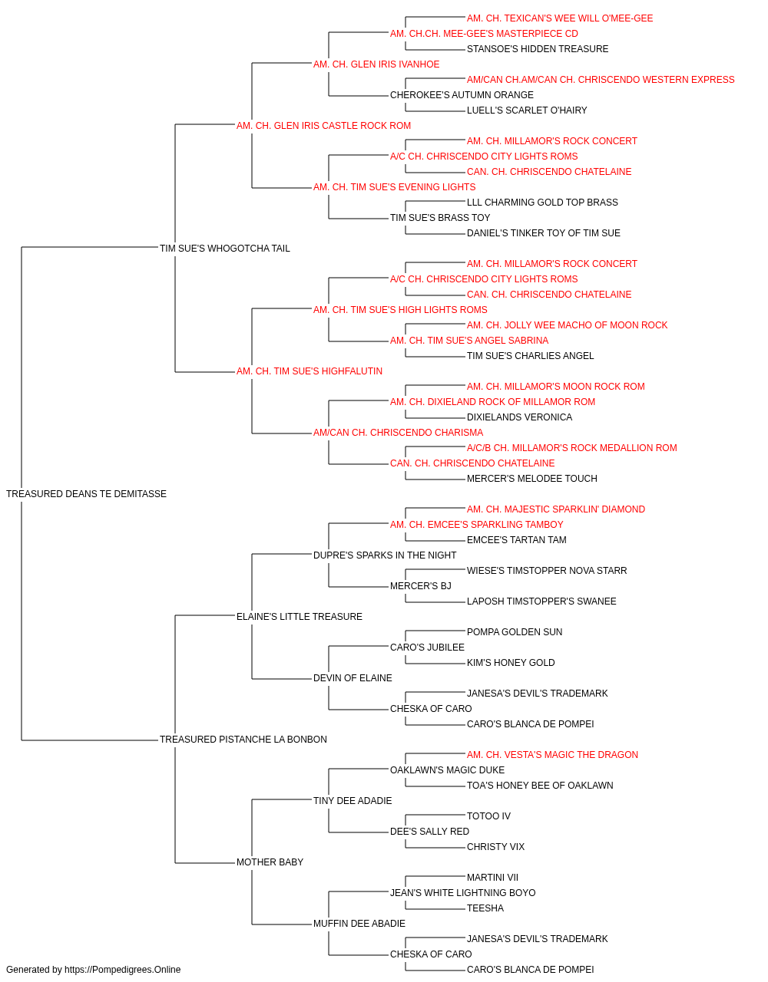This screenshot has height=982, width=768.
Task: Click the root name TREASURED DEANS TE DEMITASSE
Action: (86, 494)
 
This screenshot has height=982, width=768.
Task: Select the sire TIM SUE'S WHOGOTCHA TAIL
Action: (225, 248)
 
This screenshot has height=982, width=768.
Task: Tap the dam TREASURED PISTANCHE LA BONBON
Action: (243, 740)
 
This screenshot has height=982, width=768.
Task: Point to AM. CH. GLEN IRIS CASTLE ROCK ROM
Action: (324, 126)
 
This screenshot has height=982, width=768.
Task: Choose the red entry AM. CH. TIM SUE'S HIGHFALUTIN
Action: (310, 371)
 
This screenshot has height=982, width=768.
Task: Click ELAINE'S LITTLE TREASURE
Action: (300, 616)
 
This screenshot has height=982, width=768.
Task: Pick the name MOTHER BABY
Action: (270, 862)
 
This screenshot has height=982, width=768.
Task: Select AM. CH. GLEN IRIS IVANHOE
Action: (376, 64)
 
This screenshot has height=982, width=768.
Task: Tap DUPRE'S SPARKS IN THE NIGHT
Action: (385, 555)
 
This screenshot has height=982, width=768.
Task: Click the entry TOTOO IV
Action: (488, 816)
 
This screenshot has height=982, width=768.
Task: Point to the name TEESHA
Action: (485, 908)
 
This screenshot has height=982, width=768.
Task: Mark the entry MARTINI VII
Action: (492, 878)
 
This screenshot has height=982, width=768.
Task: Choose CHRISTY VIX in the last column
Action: (495, 847)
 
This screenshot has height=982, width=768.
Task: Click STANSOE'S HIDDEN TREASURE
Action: (538, 49)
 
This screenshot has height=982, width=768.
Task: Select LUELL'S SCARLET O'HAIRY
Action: (527, 110)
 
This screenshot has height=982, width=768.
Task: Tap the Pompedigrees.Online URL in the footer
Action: (123, 970)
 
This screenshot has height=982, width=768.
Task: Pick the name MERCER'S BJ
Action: (421, 585)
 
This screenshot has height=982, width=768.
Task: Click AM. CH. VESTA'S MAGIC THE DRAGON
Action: (552, 755)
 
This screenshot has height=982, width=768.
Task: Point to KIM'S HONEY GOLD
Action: (511, 663)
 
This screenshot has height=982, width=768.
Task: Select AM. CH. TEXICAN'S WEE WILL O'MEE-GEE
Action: (560, 18)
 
